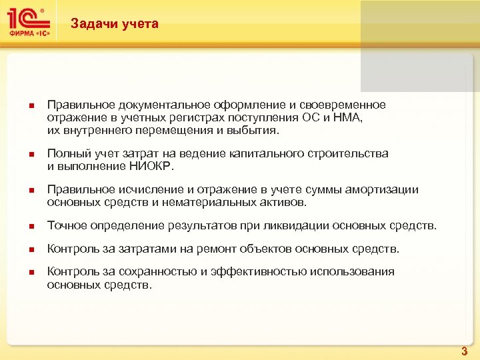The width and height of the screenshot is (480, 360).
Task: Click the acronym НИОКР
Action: click(151, 166)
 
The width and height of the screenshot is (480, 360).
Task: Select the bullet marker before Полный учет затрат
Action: click(23, 154)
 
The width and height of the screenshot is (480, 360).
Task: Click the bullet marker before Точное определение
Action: click(23, 227)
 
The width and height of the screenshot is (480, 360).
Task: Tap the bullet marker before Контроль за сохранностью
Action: click(23, 273)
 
